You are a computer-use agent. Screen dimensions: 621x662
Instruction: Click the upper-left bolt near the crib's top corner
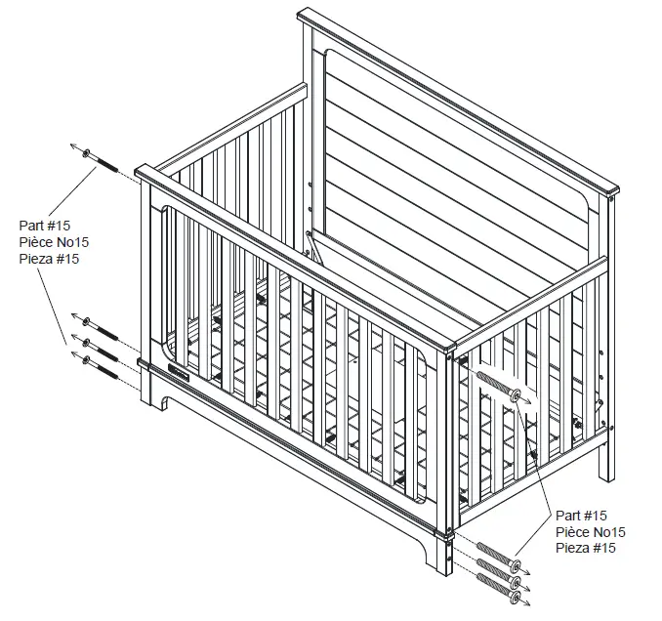[102, 161]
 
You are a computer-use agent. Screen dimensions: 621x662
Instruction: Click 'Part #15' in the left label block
[44, 226]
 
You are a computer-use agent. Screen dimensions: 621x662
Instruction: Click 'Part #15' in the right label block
[581, 516]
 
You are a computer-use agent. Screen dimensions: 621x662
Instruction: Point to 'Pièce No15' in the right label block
[590, 532]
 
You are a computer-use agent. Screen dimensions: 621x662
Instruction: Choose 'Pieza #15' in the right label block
[585, 549]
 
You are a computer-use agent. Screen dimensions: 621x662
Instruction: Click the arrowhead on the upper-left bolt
[73, 146]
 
